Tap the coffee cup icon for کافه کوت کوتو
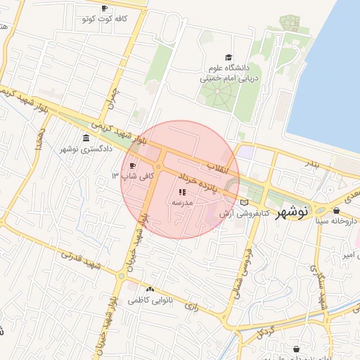tap(105, 8)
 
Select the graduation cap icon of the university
tap(228, 58)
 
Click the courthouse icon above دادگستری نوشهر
tap(86, 137)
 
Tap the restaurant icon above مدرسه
tap(181, 191)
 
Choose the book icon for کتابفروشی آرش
tap(244, 202)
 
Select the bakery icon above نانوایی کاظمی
tap(150, 289)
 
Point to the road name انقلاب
tap(219, 167)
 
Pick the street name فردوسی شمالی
tap(246, 254)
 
